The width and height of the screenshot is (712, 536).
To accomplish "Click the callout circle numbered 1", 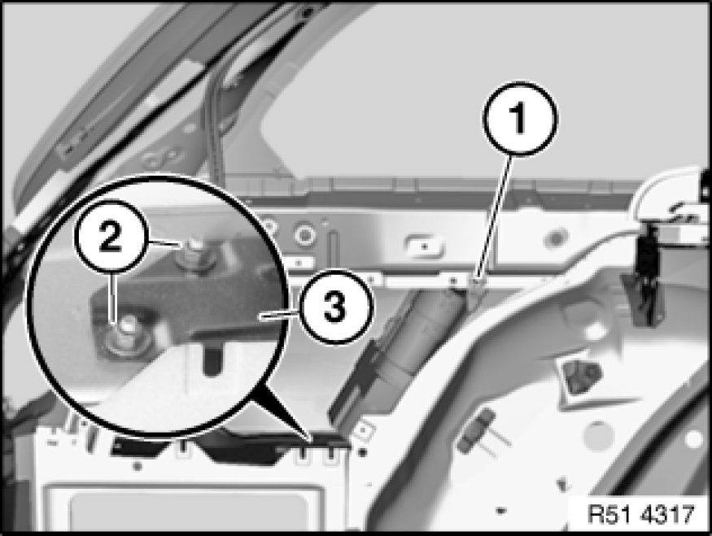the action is [x=519, y=118].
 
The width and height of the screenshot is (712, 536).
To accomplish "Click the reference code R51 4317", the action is [x=641, y=515].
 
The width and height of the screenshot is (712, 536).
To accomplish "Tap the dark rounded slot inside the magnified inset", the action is [x=212, y=358].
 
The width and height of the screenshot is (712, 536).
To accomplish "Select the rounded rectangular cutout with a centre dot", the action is [x=423, y=246].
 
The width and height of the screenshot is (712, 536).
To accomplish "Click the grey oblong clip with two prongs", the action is [x=476, y=431].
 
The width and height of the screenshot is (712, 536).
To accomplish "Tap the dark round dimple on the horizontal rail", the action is [x=557, y=237].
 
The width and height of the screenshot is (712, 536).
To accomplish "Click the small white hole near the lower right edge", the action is [x=693, y=439].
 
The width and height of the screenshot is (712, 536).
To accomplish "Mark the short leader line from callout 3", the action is [x=278, y=315].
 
